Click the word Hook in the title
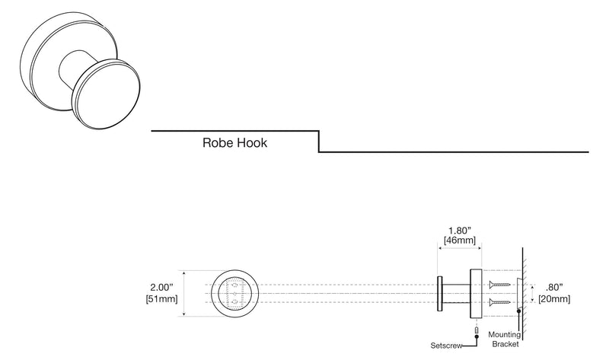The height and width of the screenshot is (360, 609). click(x=252, y=143)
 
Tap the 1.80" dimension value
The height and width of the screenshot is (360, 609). click(x=460, y=231)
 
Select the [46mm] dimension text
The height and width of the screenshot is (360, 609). click(x=460, y=241)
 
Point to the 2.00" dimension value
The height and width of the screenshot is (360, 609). click(x=161, y=288)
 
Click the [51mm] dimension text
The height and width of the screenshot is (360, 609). click(x=161, y=299)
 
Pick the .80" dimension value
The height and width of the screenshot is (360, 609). click(x=554, y=288)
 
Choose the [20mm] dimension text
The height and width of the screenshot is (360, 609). click(x=554, y=299)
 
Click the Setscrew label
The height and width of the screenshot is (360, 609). click(x=446, y=346)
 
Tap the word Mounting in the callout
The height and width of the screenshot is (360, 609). click(x=505, y=334)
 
